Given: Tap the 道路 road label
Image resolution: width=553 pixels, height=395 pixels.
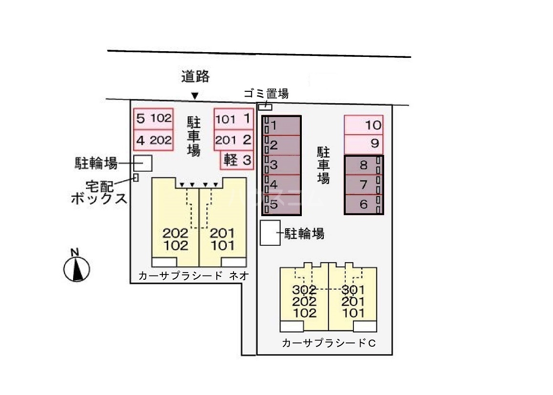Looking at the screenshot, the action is tap(195, 77).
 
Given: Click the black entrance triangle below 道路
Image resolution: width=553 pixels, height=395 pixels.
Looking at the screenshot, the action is tap(194, 96).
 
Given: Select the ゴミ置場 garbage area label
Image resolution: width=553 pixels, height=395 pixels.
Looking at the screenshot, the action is tap(266, 94).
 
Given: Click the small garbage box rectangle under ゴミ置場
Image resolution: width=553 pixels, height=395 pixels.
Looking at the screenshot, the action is tap(265, 107).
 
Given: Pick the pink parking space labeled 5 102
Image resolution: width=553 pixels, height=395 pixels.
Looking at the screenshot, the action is tap(153, 119).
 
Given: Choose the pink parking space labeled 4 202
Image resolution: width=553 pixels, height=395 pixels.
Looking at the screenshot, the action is tap(153, 140).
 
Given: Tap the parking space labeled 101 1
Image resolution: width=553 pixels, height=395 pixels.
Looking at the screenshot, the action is tap(234, 119).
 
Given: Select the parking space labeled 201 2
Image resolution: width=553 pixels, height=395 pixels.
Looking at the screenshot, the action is tap(234, 140).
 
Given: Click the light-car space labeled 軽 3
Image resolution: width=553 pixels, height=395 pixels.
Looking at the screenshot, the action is tap(237, 160).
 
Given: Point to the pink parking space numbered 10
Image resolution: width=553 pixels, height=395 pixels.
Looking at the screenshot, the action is tap(363, 125).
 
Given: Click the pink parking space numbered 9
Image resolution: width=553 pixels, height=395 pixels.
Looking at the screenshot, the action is tap(363, 143).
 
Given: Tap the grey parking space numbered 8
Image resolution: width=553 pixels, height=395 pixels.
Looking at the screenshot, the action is tap(364, 165).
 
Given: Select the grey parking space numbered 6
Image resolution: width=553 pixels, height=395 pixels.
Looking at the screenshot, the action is tap(364, 205).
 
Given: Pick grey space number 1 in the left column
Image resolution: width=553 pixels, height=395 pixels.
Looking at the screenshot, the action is tap(282, 126).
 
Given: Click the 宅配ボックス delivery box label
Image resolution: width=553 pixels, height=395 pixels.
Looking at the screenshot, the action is tap(99, 192).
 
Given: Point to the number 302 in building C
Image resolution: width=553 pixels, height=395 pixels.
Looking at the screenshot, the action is tap(305, 290).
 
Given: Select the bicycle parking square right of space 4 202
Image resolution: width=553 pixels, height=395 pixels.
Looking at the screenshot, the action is tap(142, 163).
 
